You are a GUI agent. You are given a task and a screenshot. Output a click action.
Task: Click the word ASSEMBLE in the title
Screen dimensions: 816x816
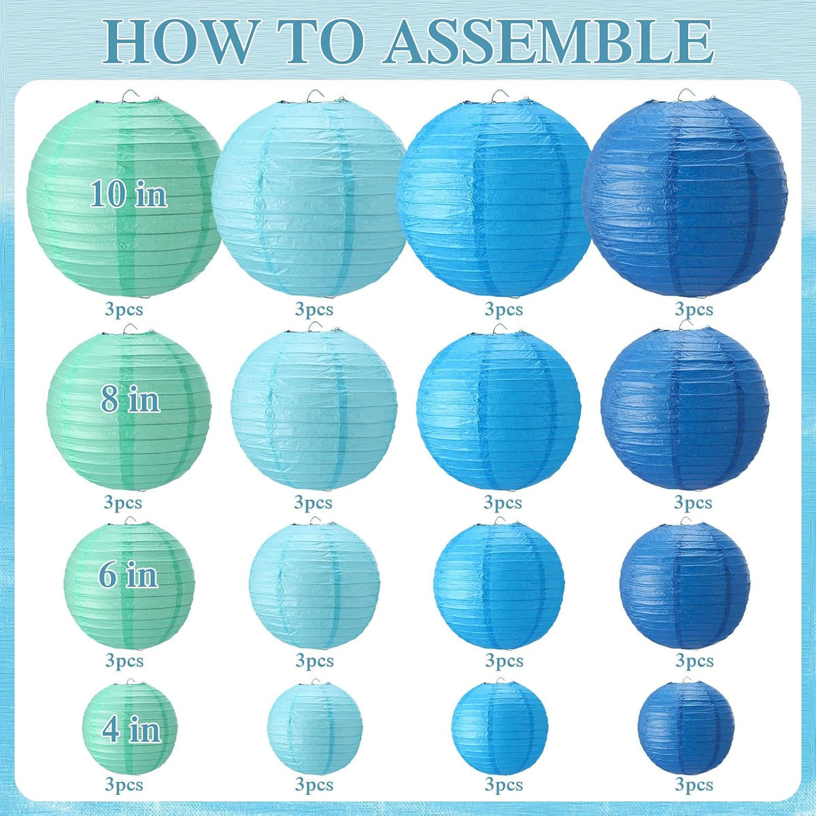548,43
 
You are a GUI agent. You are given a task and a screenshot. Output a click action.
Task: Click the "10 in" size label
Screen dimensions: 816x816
129,194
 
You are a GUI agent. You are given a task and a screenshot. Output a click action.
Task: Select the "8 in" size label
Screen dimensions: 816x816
131,399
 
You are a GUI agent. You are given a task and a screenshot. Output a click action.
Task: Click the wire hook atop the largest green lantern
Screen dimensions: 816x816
130,97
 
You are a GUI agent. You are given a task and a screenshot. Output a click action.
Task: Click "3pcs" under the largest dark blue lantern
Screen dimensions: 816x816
694,309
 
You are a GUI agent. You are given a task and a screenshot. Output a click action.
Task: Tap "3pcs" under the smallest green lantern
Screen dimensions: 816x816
124,785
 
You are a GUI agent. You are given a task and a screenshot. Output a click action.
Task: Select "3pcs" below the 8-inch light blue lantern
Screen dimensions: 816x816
313,503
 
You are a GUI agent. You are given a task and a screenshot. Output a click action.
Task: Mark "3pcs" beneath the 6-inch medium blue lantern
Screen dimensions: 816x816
505,660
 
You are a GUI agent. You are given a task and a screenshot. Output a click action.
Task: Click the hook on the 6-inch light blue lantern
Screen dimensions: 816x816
316,520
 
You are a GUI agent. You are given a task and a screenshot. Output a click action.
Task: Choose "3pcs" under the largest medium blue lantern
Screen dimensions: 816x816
504,309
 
